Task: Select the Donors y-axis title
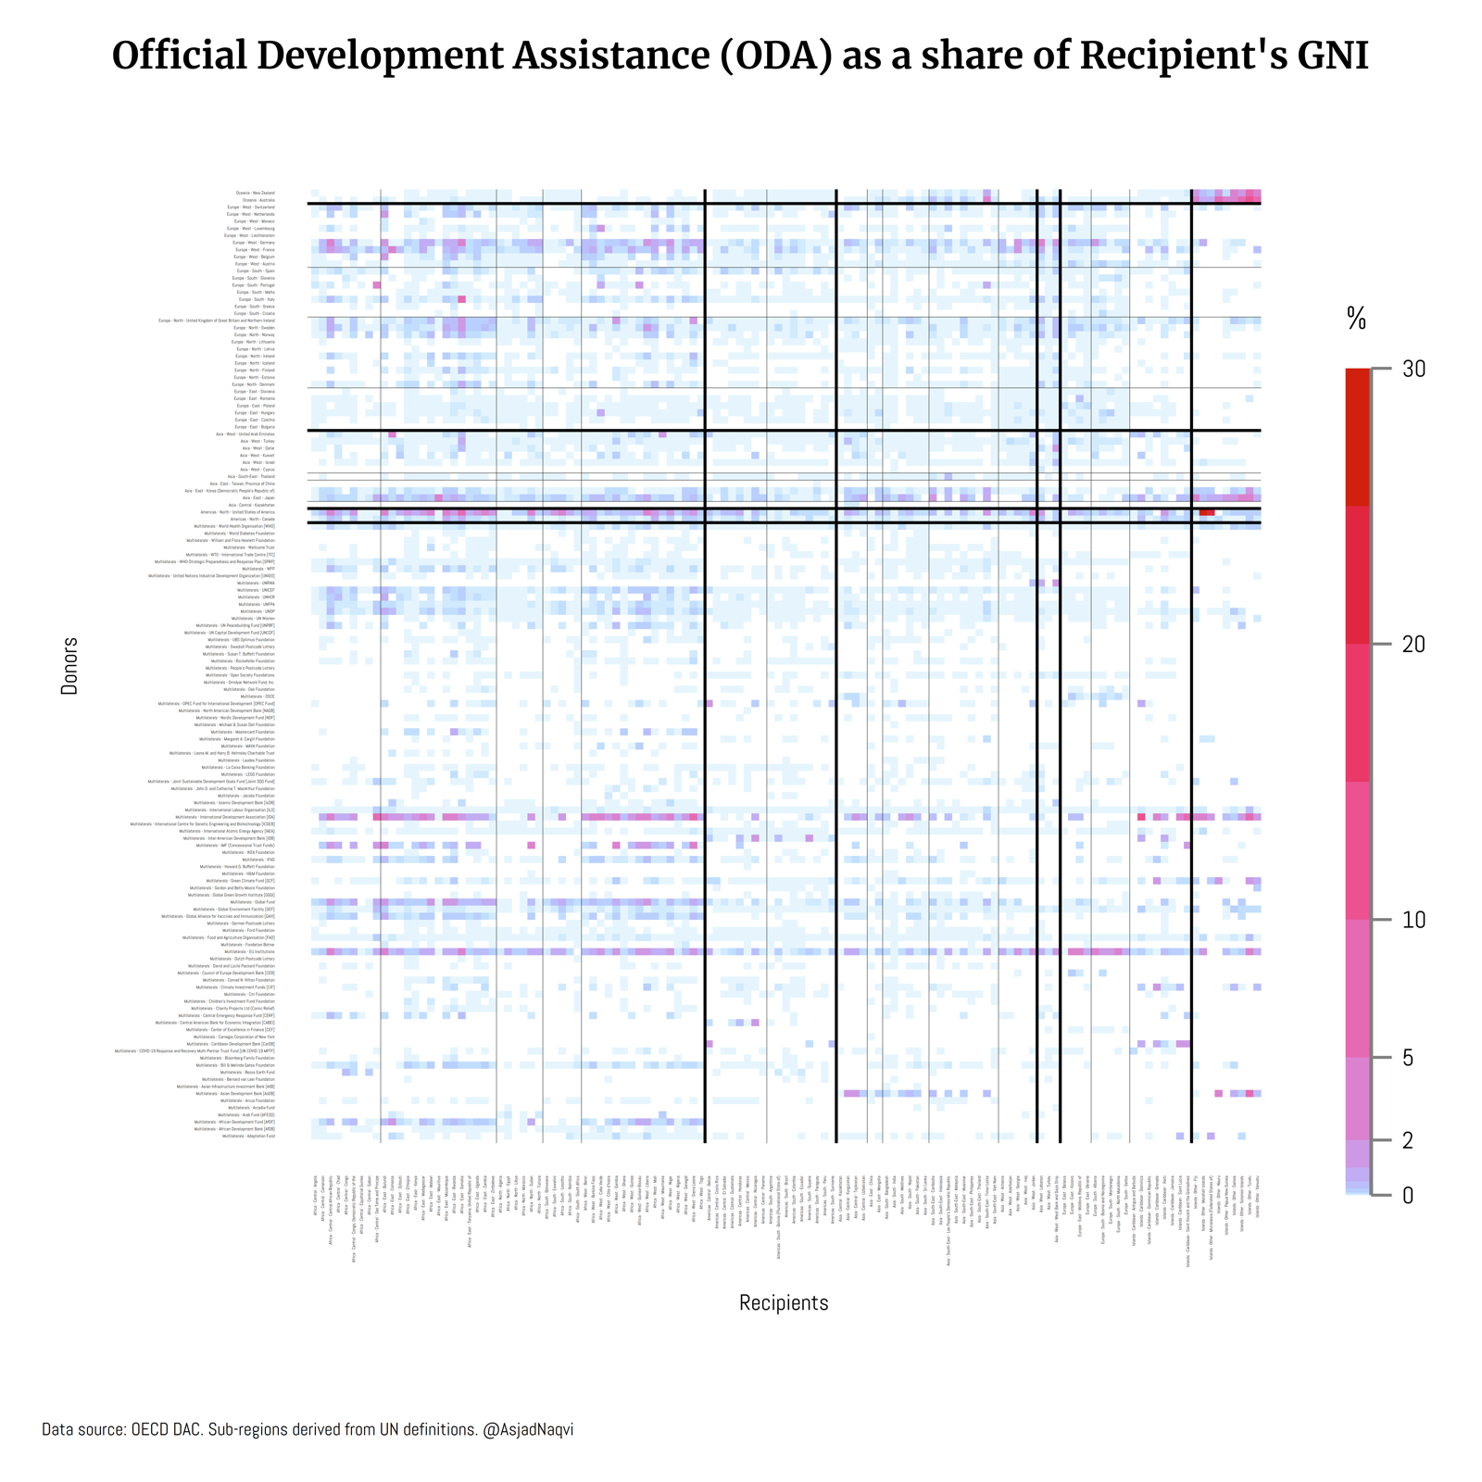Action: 69,666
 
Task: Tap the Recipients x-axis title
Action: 784,1302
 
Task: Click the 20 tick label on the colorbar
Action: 1413,645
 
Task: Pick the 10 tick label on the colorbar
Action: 1413,920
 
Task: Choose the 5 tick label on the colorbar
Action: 1408,1058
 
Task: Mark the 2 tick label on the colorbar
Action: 1408,1140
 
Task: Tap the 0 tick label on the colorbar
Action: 1408,1196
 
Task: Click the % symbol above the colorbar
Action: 1356,320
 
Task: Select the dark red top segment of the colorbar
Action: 1357,435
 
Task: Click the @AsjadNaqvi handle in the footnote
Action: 528,1429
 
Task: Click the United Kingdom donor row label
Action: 217,320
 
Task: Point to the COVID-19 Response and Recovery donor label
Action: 195,1051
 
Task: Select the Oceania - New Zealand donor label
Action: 256,193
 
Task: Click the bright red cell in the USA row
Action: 1206,512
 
